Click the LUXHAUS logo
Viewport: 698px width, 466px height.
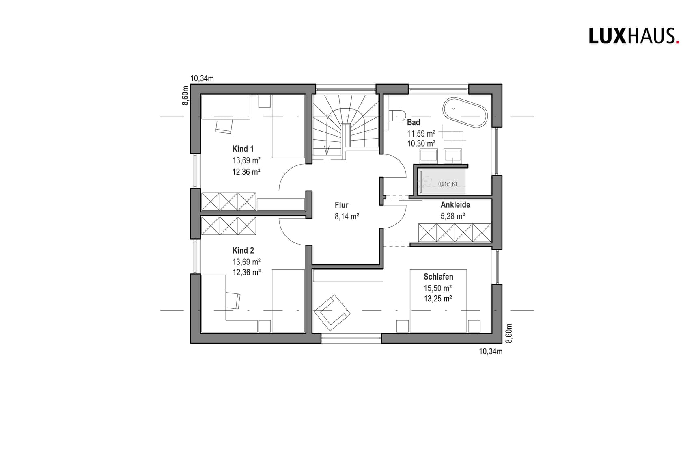point(633,36)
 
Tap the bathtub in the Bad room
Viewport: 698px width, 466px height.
point(465,112)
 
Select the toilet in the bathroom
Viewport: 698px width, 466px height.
point(397,115)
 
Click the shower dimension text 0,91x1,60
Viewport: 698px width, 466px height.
point(447,184)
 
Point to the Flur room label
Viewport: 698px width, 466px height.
point(341,205)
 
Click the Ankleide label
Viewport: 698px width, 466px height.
point(455,205)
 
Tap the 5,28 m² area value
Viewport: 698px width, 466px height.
point(452,216)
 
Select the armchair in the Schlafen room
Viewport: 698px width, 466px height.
point(332,310)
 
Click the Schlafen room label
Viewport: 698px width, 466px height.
point(438,277)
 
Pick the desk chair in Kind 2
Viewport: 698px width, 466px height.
point(233,300)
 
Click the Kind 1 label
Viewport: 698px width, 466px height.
point(243,149)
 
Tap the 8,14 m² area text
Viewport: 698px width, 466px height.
point(347,217)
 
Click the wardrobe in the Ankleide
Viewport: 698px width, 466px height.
point(455,233)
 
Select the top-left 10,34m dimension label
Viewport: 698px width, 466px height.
point(202,78)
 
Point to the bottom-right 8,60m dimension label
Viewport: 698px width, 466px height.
point(509,333)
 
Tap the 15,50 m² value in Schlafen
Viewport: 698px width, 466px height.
point(437,288)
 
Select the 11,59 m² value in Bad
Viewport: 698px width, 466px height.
point(421,133)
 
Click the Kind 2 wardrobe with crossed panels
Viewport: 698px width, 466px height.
point(228,226)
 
